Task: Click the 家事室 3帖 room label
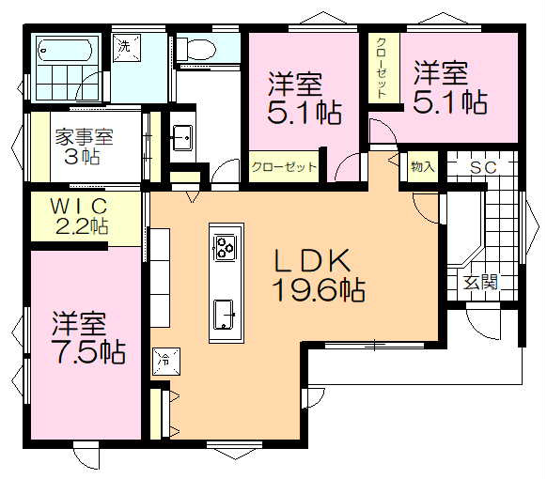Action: pyautogui.click(x=84, y=146)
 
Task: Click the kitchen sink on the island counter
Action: pyautogui.click(x=225, y=311)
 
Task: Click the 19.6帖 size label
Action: pyautogui.click(x=319, y=290)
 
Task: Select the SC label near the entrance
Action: pyautogui.click(x=483, y=167)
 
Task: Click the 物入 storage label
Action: pyautogui.click(x=423, y=167)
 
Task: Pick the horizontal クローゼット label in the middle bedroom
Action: pyautogui.click(x=284, y=167)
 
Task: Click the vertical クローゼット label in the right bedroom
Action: pyautogui.click(x=383, y=68)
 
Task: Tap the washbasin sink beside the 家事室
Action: pyautogui.click(x=181, y=137)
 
